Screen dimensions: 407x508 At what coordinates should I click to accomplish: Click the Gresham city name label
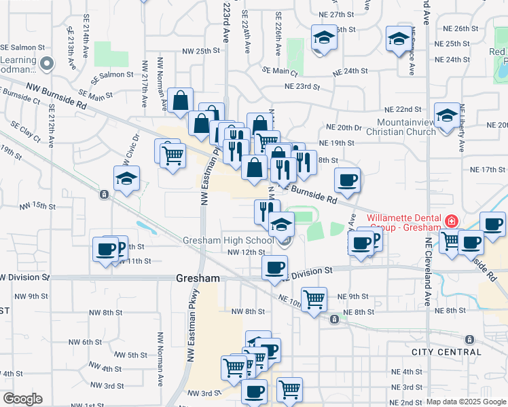pyautogui.click(x=198, y=279)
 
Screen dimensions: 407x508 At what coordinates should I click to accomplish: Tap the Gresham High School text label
pyautogui.click(x=228, y=241)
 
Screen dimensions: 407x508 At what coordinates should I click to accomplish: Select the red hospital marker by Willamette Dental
pyautogui.click(x=452, y=221)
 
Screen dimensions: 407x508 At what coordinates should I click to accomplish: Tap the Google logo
pyautogui.click(x=23, y=399)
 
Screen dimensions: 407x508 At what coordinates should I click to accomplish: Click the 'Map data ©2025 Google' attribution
pyautogui.click(x=467, y=402)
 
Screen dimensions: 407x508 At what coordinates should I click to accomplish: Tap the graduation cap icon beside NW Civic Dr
pyautogui.click(x=127, y=179)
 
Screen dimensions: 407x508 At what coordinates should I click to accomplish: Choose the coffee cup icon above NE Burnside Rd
pyautogui.click(x=347, y=180)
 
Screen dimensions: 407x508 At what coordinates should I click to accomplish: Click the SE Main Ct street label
pyautogui.click(x=280, y=71)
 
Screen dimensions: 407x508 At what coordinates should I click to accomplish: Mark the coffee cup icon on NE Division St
pyautogui.click(x=275, y=267)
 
